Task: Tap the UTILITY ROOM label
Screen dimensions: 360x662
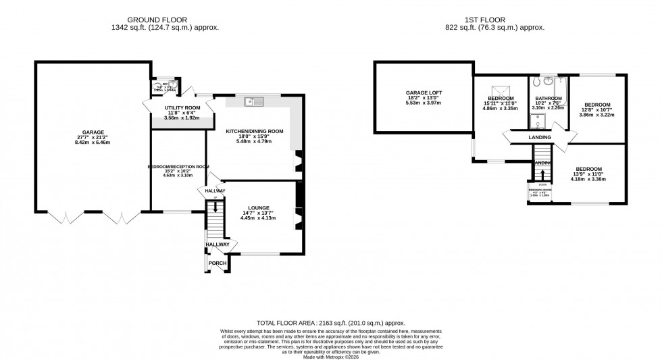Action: tap(164, 107)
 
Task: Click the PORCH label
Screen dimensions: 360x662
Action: tap(218, 263)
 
